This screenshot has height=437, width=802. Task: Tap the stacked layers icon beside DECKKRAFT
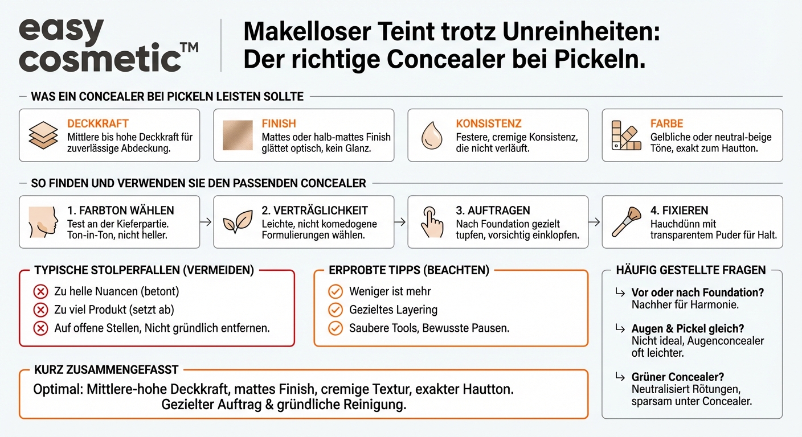coord(43,135)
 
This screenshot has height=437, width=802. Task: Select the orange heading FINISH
coord(279,123)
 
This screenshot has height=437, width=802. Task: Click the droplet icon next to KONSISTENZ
coord(432,136)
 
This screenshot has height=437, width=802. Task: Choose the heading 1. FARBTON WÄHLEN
coord(120,211)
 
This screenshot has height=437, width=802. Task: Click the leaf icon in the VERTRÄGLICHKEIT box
coord(237,222)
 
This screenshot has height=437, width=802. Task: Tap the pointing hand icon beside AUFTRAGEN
coord(432,222)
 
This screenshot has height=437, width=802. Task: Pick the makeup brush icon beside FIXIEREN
coord(626,222)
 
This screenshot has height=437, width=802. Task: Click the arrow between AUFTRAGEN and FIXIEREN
coord(595,222)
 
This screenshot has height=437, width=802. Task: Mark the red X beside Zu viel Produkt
coord(40,310)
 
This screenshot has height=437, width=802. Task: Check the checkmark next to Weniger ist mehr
coord(335,292)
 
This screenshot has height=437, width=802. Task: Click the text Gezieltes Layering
coord(393,310)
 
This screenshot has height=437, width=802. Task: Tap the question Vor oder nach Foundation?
coord(697,292)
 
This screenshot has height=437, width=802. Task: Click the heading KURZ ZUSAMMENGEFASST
coord(106,370)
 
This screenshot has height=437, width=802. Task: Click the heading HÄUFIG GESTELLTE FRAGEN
coord(690,270)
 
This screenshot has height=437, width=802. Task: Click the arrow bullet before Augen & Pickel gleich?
coord(619,328)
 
